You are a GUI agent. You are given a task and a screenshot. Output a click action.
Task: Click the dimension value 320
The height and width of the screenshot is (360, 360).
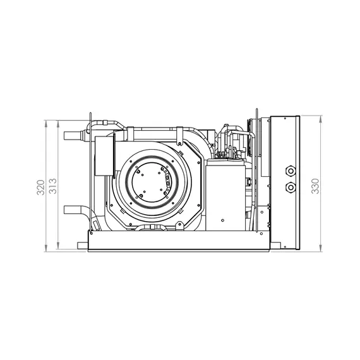point(40,188)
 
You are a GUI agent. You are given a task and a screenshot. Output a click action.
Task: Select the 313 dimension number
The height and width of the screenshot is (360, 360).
point(53,186)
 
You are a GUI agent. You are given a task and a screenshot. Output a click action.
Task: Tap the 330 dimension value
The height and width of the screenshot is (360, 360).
point(315,186)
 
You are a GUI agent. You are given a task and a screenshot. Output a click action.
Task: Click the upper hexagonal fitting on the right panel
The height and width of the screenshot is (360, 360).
point(291,171)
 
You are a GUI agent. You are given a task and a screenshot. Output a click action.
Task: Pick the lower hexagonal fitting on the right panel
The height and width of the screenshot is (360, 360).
point(291,187)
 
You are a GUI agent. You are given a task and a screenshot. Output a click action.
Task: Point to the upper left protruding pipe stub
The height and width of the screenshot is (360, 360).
point(73,136)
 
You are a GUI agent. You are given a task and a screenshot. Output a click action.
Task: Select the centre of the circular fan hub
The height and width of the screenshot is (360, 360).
point(151,181)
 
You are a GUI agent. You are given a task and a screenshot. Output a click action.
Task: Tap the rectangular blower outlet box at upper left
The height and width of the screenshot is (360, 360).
point(104,156)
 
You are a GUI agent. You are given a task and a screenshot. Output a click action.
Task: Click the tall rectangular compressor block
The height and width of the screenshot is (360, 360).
point(225,195)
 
